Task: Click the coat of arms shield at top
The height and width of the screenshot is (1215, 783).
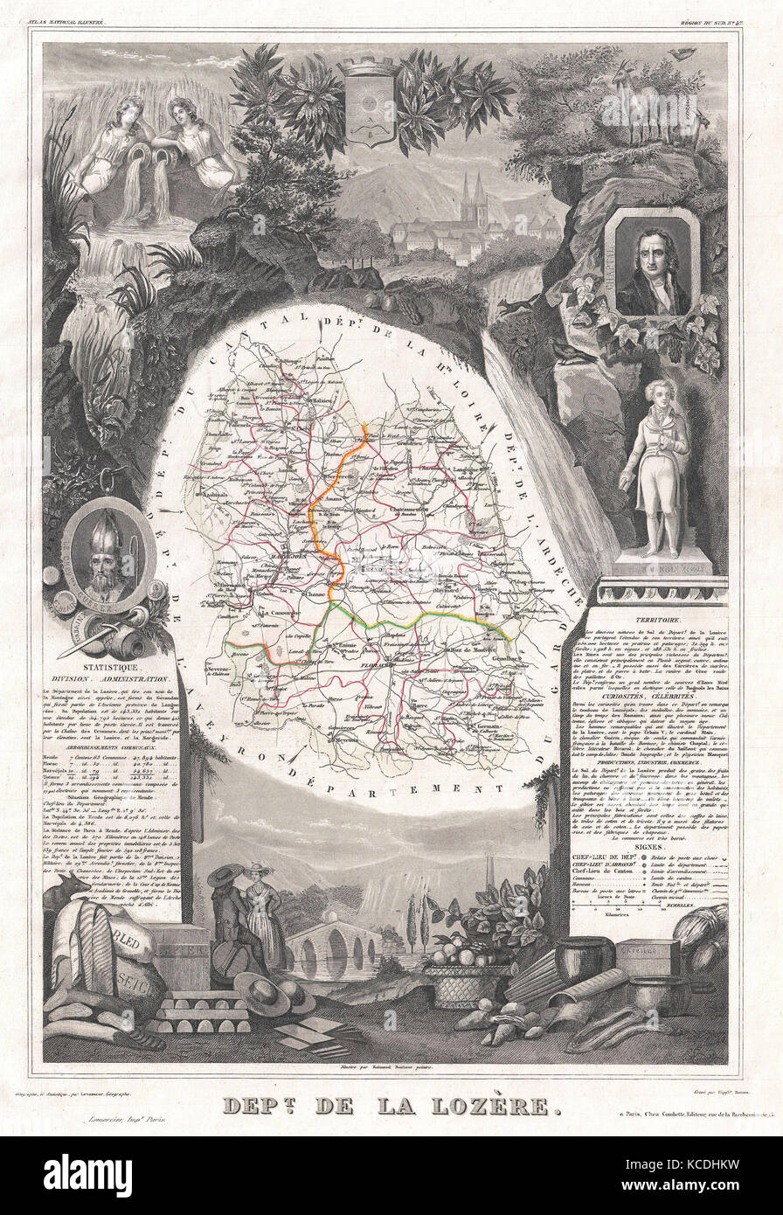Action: (x=368, y=100)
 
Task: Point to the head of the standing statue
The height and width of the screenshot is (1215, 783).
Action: (x=655, y=394)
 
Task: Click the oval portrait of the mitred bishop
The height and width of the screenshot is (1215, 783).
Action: (x=109, y=555)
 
